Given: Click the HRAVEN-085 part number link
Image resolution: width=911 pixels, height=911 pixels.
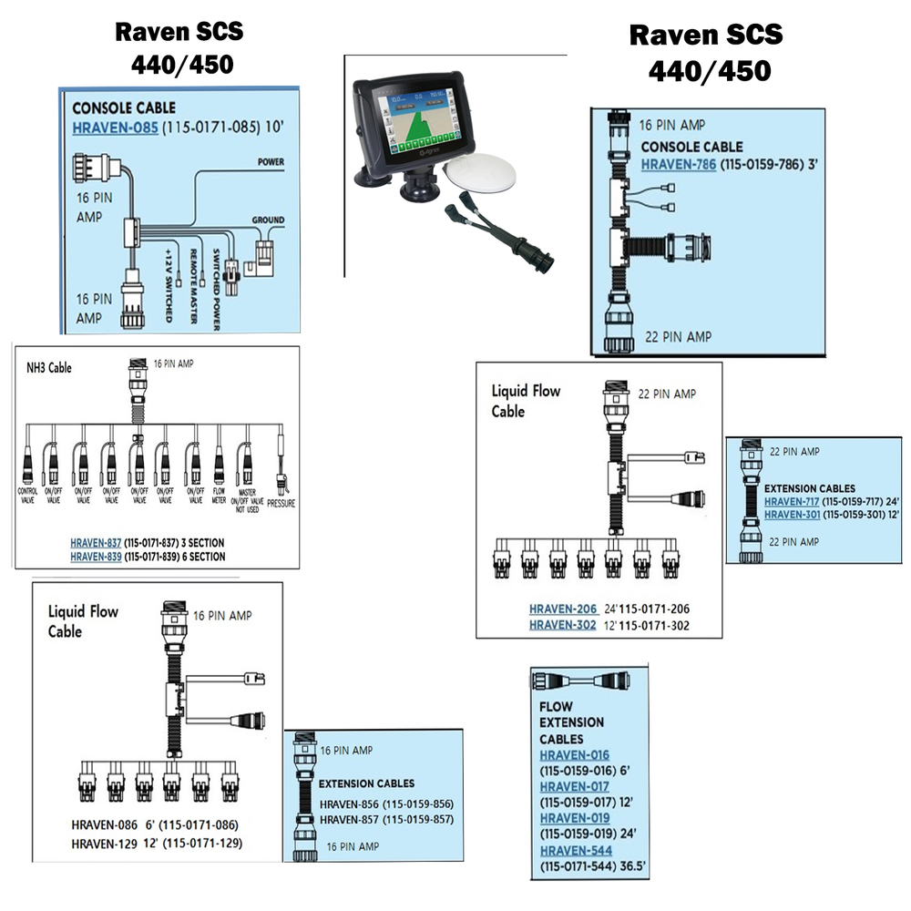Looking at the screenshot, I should point(115,128).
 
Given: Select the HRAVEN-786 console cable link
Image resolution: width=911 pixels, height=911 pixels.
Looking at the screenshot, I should point(679,165).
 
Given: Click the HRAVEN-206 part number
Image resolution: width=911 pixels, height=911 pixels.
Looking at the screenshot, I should point(562,609).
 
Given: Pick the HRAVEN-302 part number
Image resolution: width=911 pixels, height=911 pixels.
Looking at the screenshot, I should point(562,625).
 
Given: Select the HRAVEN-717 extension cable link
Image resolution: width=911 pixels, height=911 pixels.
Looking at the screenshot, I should point(792,502).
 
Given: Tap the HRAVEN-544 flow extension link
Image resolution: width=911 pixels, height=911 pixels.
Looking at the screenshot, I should point(575,851).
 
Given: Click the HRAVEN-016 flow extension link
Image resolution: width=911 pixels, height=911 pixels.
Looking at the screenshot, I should point(574,755).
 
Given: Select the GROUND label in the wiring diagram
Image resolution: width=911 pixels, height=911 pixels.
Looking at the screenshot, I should point(268,220).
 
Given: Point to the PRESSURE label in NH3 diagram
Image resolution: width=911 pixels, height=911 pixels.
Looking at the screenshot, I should point(281,501).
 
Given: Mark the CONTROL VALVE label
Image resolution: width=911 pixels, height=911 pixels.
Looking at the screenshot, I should point(26,495).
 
